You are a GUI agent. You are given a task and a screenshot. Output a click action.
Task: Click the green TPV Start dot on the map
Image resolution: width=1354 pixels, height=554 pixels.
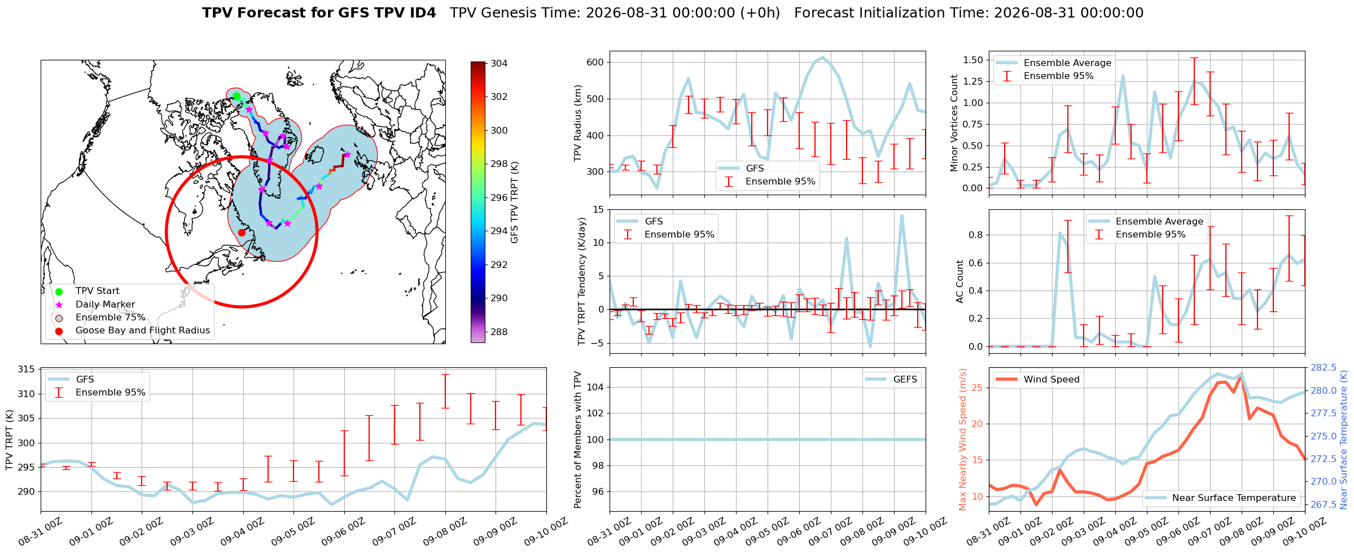pos(236,96)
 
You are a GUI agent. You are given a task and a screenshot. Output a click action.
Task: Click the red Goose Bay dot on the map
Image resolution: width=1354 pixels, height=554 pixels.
pos(242,232)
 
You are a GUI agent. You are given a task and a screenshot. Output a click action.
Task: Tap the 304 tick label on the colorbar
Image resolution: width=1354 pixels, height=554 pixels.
pos(499,63)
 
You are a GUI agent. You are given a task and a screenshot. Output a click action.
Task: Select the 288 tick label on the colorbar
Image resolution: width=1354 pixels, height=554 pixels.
pos(499,332)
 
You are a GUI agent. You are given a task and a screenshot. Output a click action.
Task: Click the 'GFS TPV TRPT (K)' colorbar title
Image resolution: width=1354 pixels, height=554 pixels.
pos(514,203)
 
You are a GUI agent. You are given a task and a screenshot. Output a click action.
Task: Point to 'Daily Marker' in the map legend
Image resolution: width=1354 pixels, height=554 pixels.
pos(105,304)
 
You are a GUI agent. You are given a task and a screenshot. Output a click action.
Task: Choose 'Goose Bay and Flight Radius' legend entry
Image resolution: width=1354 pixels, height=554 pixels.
pos(143,330)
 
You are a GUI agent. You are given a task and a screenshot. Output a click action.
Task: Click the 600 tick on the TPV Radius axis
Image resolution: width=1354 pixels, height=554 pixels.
pos(594,62)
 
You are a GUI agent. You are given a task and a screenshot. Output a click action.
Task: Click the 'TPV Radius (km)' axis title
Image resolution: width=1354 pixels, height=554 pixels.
pos(577,123)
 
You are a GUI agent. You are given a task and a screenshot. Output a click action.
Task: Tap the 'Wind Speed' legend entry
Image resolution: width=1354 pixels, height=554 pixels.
pos(1051,379)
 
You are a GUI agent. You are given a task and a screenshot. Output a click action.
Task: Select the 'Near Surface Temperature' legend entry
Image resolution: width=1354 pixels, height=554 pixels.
pos(1234,498)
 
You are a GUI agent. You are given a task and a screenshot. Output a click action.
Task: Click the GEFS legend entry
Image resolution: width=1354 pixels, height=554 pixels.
pos(905,379)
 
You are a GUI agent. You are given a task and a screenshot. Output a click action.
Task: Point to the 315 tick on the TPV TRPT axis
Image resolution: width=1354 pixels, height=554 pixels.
pos(26,370)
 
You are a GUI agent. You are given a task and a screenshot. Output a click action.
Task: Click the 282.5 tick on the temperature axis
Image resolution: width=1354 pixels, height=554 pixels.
pos(1323,367)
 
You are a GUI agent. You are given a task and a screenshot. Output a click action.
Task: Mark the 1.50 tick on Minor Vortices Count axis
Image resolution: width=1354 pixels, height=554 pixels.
pos(972,60)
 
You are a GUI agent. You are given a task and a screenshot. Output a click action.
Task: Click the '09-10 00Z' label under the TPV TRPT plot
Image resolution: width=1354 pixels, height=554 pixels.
pos(545,533)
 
